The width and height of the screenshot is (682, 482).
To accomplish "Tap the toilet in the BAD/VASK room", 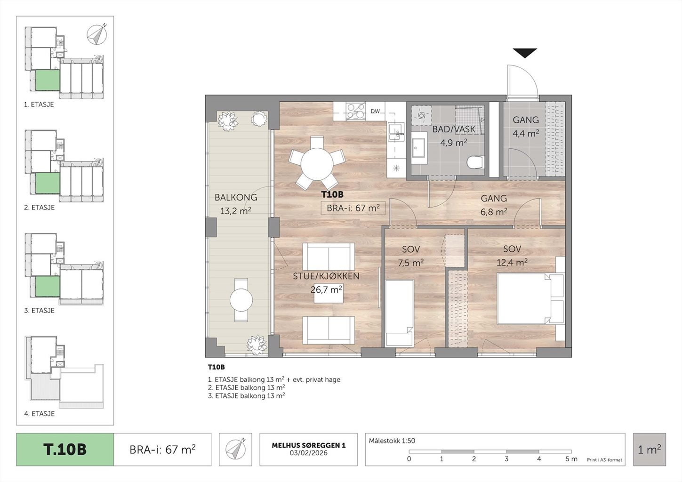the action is tap(475, 161).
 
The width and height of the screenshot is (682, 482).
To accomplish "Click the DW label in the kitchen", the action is tap(375, 112).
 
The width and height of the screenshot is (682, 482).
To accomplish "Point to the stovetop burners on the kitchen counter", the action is tap(356, 111).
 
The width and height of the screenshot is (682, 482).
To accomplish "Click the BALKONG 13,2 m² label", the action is tap(236, 204).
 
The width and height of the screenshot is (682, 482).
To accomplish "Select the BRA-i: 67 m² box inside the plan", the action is tap(353, 208).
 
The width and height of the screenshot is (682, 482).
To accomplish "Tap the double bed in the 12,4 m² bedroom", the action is tap(530, 298).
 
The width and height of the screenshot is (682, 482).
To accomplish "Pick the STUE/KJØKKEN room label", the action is tap(326, 276).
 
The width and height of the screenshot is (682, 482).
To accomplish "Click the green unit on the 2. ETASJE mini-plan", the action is tap(48, 183).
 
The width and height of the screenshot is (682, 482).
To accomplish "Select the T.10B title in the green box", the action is tap(65, 450).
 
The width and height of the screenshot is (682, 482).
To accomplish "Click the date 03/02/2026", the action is tap(308, 453).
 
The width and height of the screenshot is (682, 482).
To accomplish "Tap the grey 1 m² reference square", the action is tap(650, 450).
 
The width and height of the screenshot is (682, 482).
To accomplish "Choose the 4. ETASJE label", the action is tap(39, 413).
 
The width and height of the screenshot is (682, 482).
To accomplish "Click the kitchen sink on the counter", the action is tap(396, 131).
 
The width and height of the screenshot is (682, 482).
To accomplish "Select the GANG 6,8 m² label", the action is tap(494, 205).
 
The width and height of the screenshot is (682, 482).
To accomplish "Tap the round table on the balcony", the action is tap(241, 300).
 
